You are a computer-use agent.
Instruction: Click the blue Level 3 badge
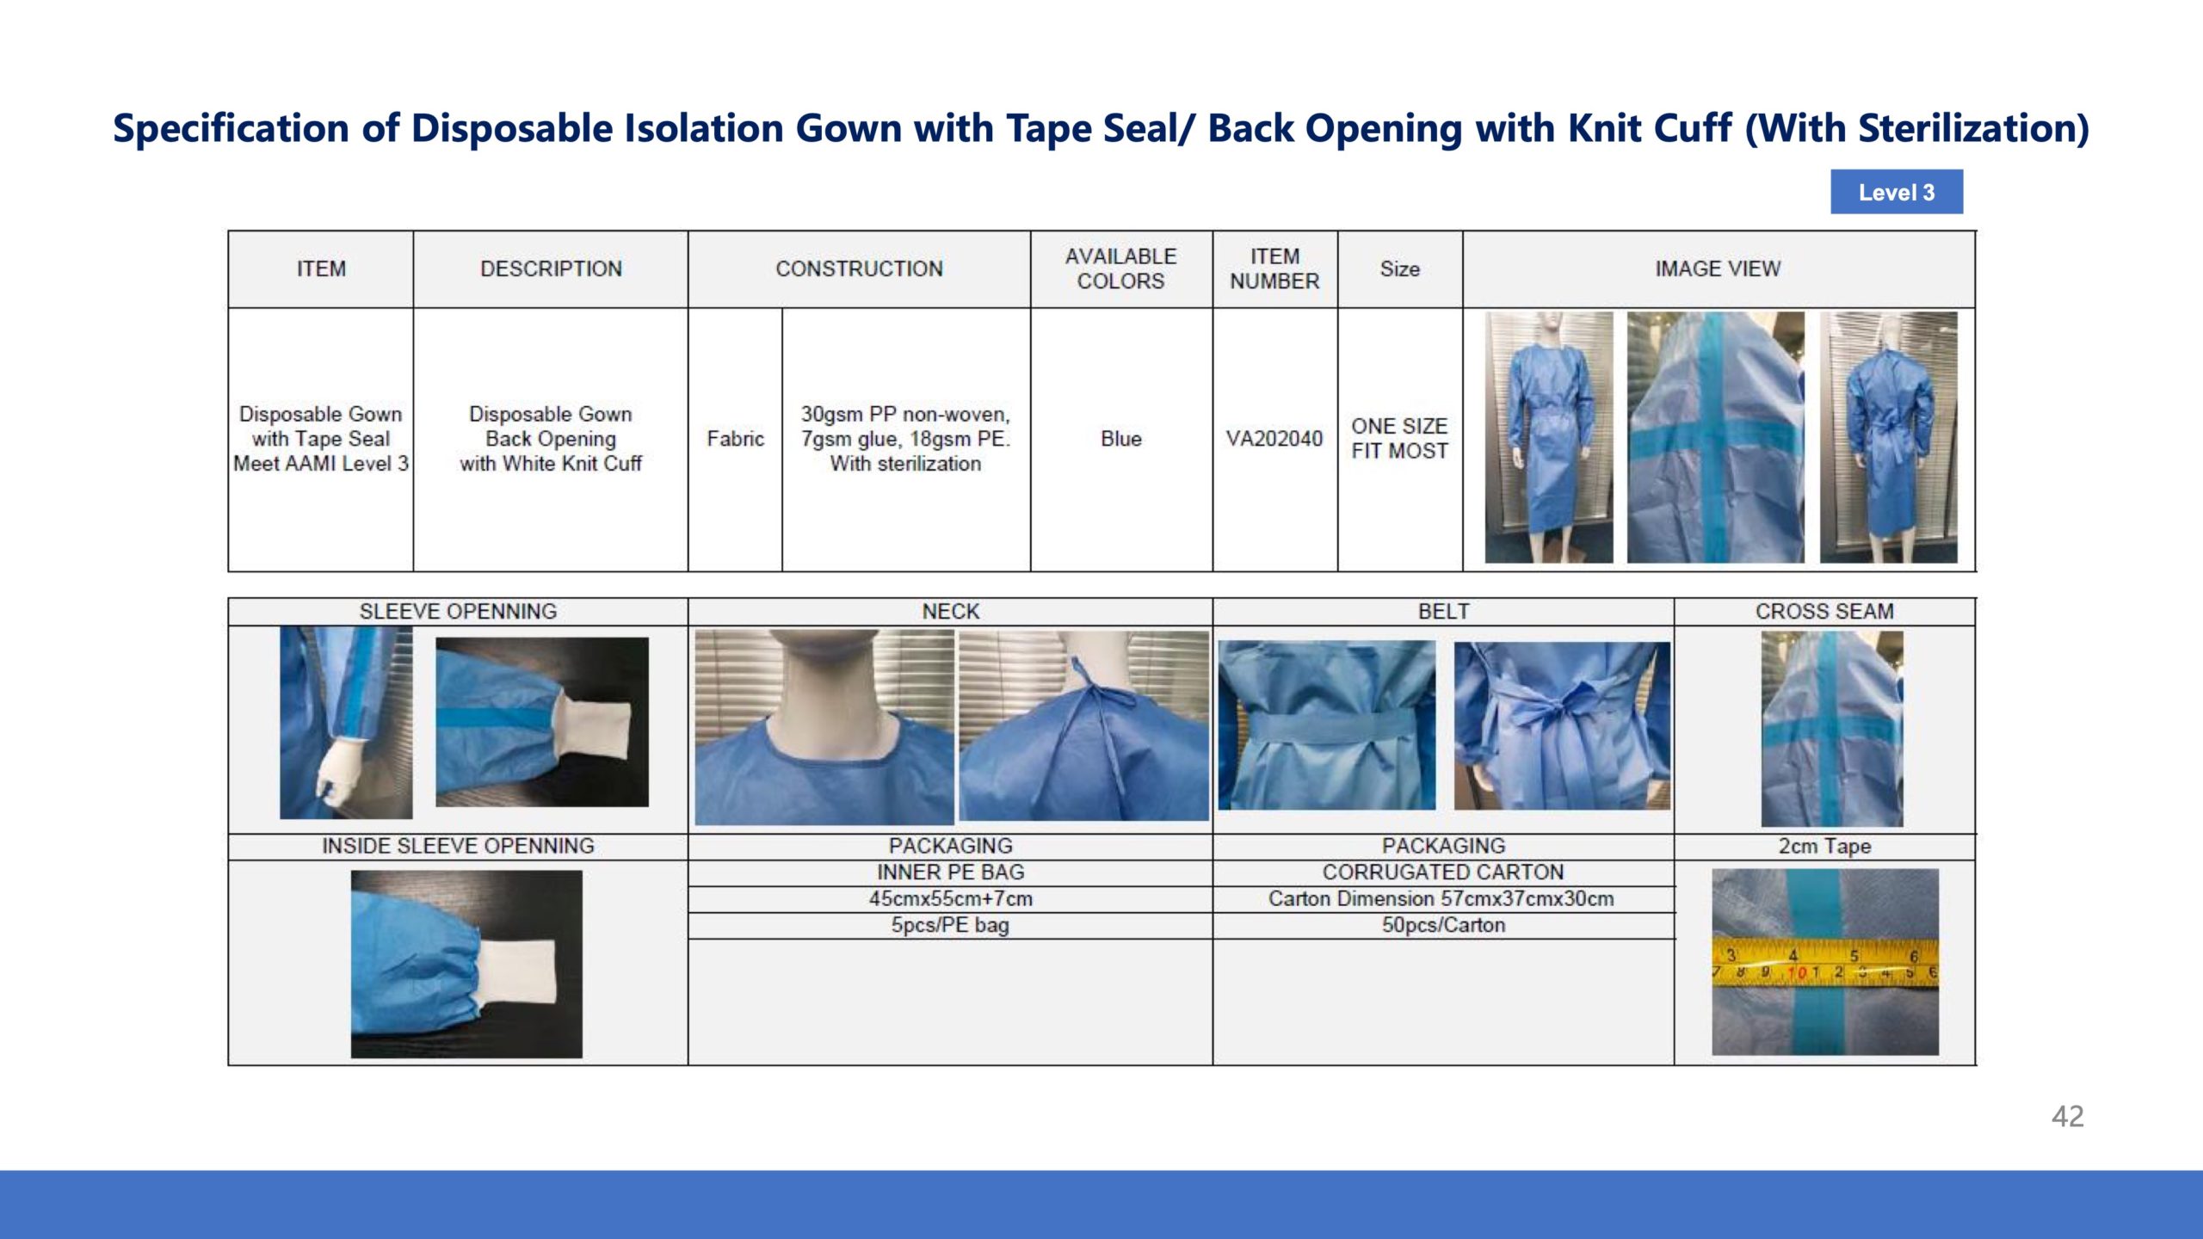coord(1897,192)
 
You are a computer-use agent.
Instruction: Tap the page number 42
coord(2067,1116)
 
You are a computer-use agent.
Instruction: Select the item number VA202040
coord(1274,439)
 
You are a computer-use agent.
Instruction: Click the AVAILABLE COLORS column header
coord(1120,268)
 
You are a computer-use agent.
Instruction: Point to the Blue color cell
coord(1121,439)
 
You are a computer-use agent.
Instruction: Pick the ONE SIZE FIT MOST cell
coord(1399,439)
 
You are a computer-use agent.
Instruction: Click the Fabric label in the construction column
coord(735,439)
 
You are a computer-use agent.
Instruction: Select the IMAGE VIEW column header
coord(1718,268)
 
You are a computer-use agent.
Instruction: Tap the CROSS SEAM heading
coord(1824,611)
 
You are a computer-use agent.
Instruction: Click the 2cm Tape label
coord(1824,847)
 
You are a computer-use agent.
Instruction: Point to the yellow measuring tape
coord(1824,963)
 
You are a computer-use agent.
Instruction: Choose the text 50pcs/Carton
coord(1443,925)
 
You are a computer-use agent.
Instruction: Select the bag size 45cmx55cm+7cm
coord(950,898)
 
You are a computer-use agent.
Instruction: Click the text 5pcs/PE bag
coord(950,925)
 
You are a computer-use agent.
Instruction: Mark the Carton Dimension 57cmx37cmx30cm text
coord(1441,898)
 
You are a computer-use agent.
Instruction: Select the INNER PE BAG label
coord(950,872)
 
